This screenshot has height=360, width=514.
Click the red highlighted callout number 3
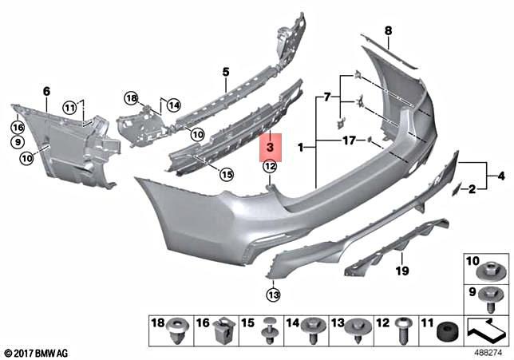pos(270,147)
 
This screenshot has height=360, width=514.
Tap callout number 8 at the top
pos(389,31)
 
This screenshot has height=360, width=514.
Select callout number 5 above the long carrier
pos(226,72)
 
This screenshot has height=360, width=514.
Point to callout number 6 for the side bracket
pos(45,90)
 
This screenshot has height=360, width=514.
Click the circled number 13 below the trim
pos(274,295)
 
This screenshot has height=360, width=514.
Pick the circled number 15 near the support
pos(227,173)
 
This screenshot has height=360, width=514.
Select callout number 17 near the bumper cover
pos(348,140)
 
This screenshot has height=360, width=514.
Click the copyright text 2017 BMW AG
pos(38,352)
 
